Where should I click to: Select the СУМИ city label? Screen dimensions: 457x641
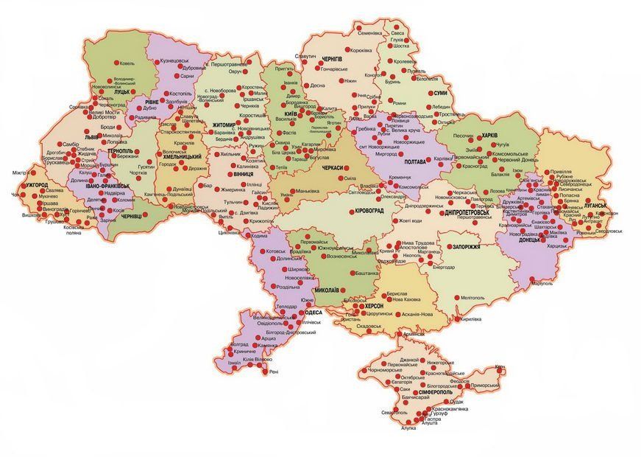(440, 93)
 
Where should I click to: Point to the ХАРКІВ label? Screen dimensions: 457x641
(491, 136)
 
